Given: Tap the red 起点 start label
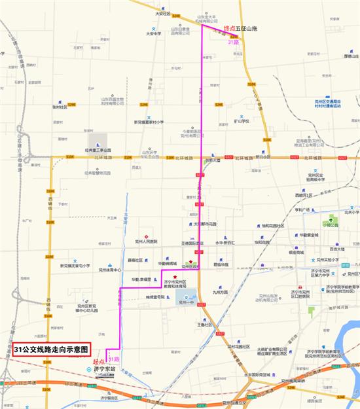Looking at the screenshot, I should [99, 361].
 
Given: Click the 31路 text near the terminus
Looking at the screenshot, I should [233, 42].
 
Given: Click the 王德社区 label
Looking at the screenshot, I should [206, 324].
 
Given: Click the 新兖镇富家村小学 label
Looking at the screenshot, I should [153, 122].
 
